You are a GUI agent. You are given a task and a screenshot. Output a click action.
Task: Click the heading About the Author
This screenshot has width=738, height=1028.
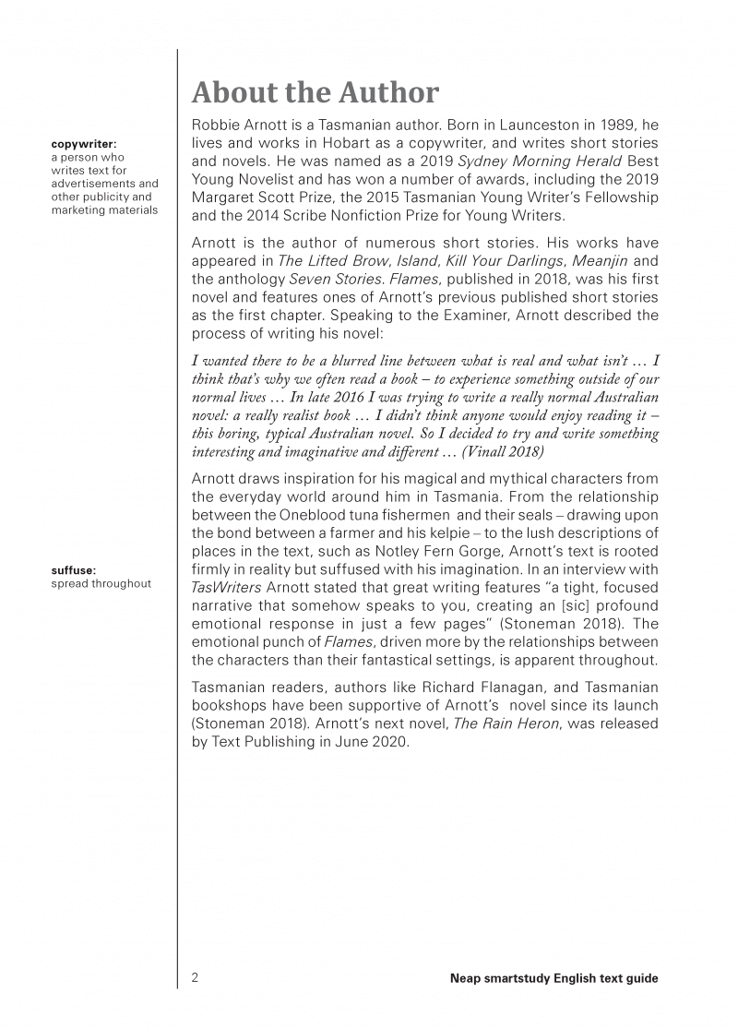coord(315,93)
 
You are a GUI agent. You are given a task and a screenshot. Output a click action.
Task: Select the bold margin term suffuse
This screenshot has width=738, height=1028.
coord(74,570)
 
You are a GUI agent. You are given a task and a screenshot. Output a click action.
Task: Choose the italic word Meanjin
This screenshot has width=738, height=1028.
coord(594,261)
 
